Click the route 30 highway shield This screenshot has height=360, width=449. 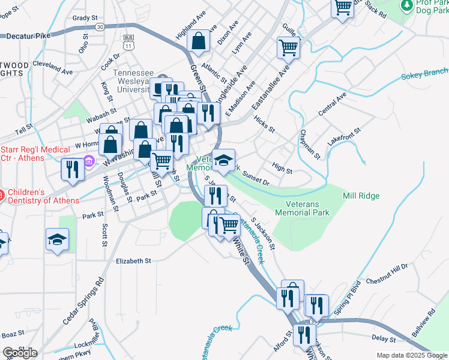[x=100, y=26]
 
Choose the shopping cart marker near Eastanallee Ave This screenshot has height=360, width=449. [x=289, y=47]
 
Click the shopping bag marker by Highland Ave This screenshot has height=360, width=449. [x=198, y=41]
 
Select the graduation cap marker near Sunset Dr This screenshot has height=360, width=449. [x=223, y=160]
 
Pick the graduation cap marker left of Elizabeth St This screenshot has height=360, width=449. [x=58, y=239]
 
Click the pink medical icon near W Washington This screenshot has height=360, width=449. [x=89, y=161]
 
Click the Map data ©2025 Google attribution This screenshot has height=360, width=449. [x=412, y=355]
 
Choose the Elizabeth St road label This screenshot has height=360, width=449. [x=133, y=261]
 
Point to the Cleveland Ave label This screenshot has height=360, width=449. [x=53, y=67]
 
